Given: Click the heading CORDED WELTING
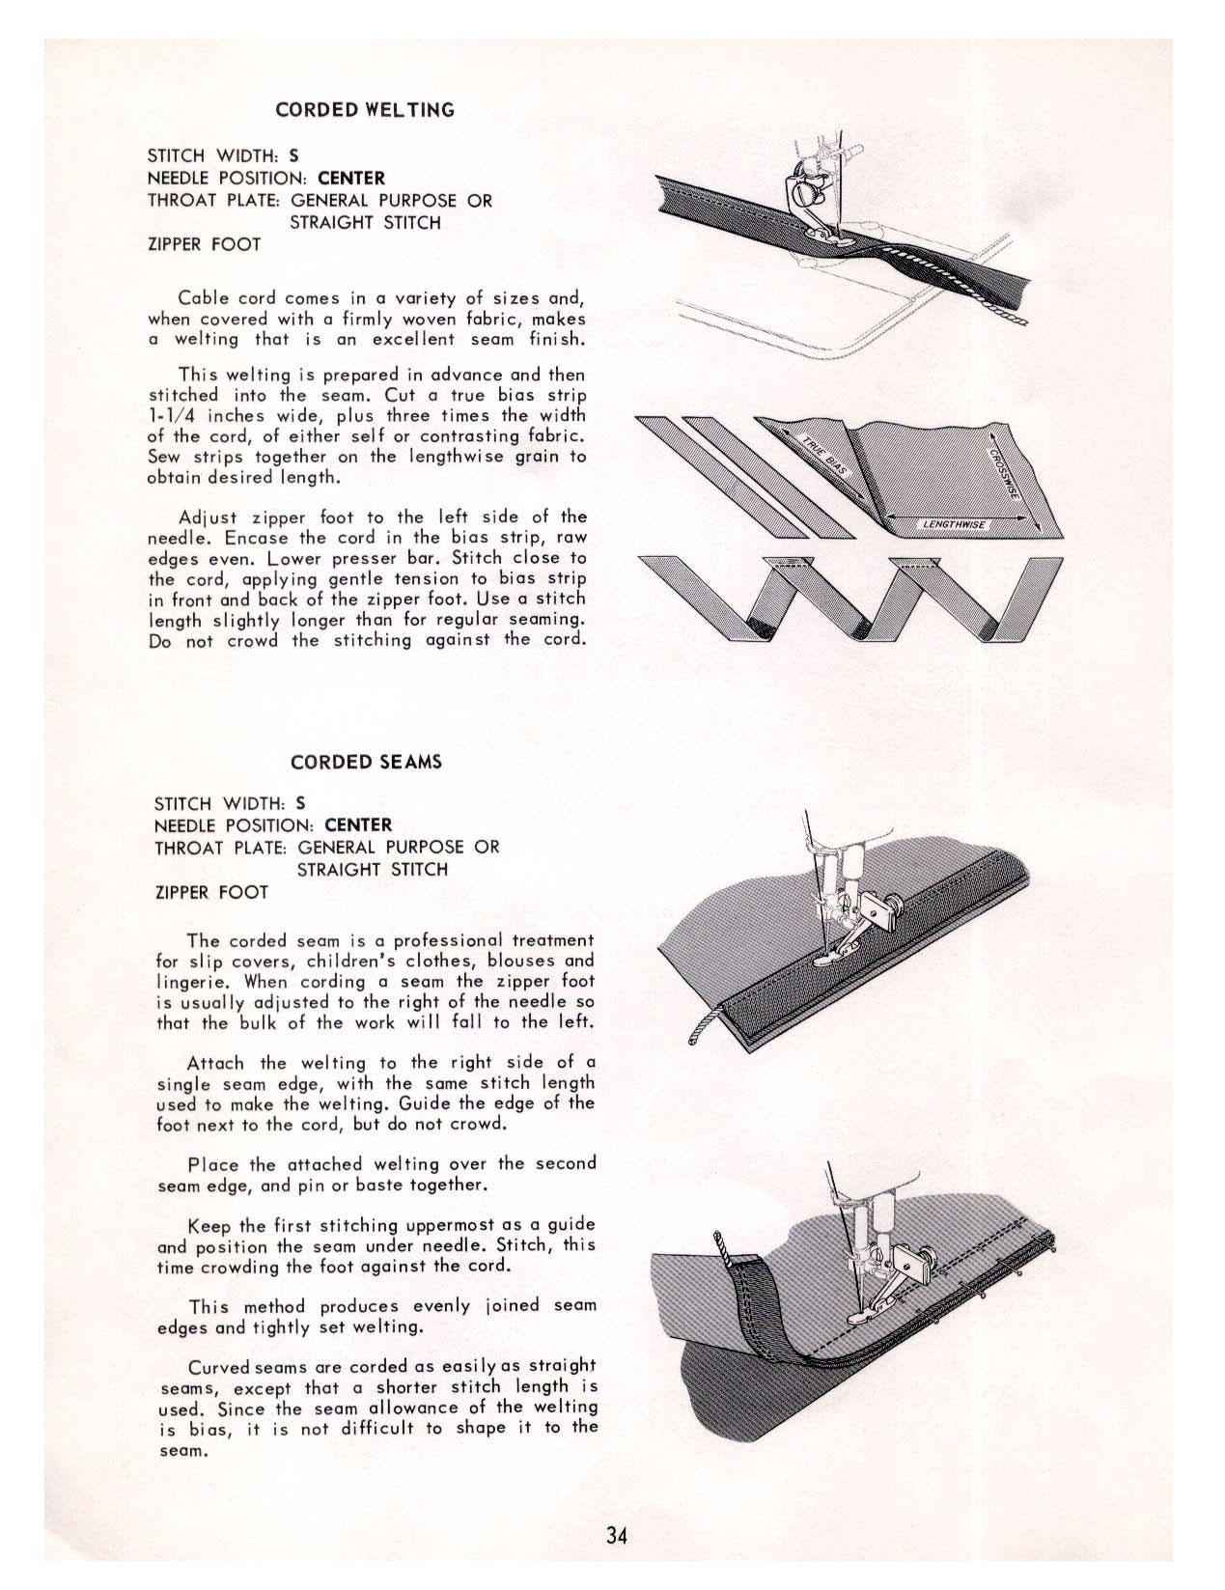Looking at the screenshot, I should pyautogui.click(x=365, y=110).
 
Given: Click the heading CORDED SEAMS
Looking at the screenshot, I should pyautogui.click(x=366, y=762).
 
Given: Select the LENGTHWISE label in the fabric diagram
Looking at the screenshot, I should pyautogui.click(x=953, y=525).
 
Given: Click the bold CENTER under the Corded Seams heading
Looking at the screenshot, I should pyautogui.click(x=358, y=824).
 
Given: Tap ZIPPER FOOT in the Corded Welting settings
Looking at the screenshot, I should pyautogui.click(x=204, y=244).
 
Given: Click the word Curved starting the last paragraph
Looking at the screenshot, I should pyautogui.click(x=217, y=1368).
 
